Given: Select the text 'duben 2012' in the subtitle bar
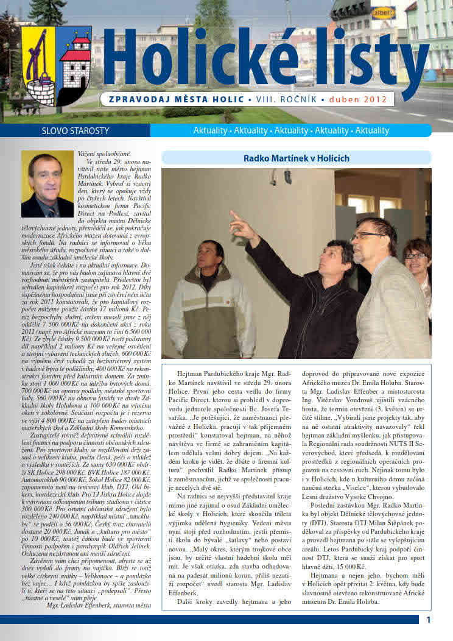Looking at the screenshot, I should pyautogui.click(x=359, y=99).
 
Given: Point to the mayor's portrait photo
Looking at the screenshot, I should pyautogui.click(x=47, y=184).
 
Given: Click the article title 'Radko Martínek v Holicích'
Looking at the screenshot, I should pyautogui.click(x=296, y=158).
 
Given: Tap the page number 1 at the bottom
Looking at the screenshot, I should pyautogui.click(x=429, y=620).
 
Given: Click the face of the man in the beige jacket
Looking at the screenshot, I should pyautogui.click(x=212, y=257).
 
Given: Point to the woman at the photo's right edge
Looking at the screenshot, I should pyautogui.click(x=420, y=268).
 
